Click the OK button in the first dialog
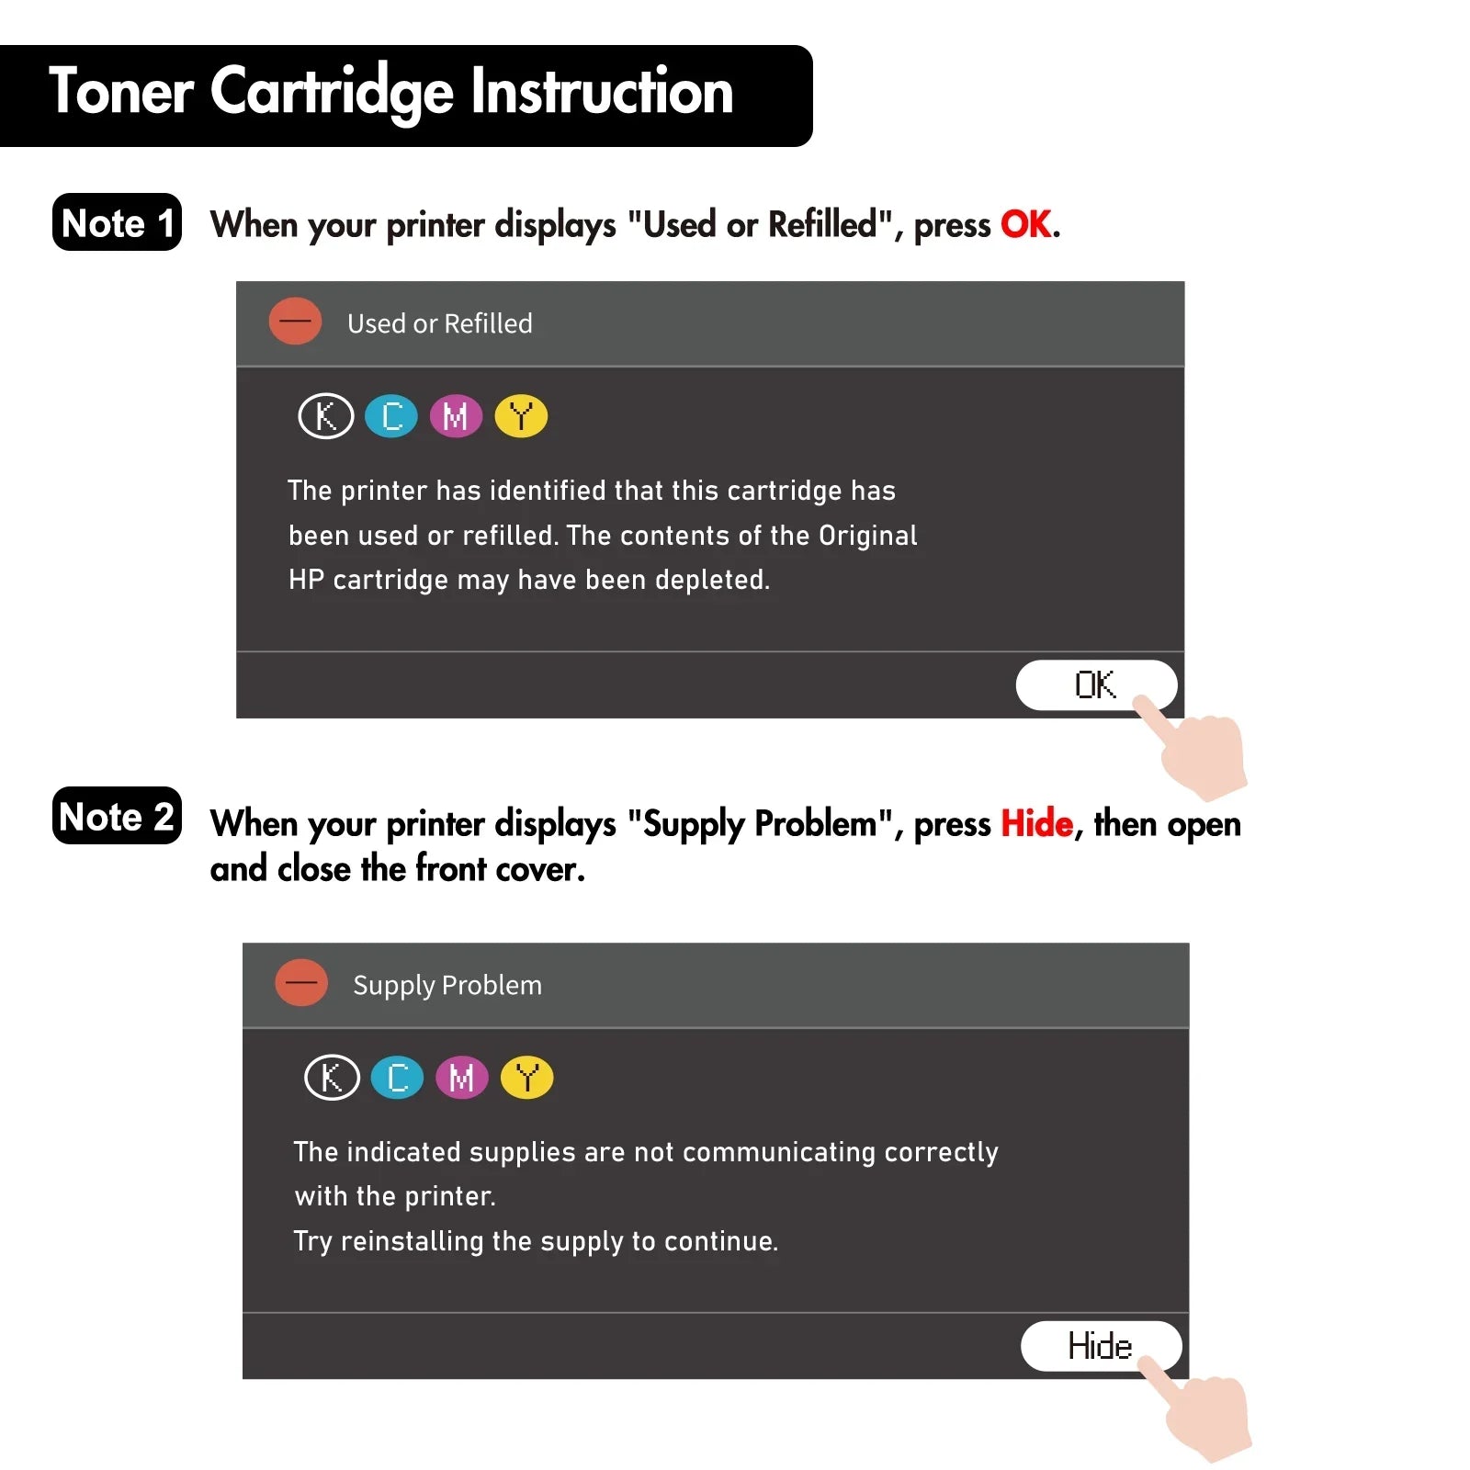(x=1095, y=684)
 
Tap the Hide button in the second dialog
(x=1100, y=1346)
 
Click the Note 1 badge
(x=117, y=222)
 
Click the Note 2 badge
(x=117, y=816)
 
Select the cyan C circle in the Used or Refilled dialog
(x=391, y=416)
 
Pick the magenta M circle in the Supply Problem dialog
(x=462, y=1078)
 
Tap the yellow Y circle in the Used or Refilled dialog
(x=521, y=416)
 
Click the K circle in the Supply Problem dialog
(x=332, y=1078)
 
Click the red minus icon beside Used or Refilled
(x=295, y=322)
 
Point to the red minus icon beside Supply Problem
(x=301, y=982)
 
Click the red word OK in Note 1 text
(x=1026, y=224)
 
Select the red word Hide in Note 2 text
(x=1036, y=823)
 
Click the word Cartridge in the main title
(x=332, y=93)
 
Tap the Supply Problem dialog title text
(x=447, y=986)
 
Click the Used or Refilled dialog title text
(x=440, y=323)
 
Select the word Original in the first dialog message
(x=868, y=536)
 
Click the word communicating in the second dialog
(x=779, y=1153)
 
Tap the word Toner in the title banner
(x=121, y=92)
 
